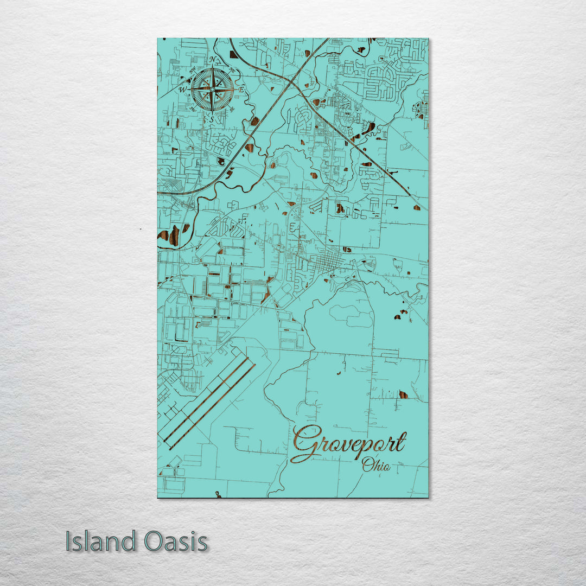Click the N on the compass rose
pyautogui.click(x=213, y=60)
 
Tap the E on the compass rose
pyautogui.click(x=242, y=88)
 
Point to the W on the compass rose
pyautogui.click(x=183, y=90)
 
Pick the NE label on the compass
pyautogui.click(x=232, y=69)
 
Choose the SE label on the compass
pyautogui.click(x=232, y=109)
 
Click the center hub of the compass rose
pyautogui.click(x=212, y=89)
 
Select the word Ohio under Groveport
pyautogui.click(x=376, y=464)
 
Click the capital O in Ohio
pyautogui.click(x=367, y=464)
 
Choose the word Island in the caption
pyautogui.click(x=101, y=542)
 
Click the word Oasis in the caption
pyautogui.click(x=176, y=542)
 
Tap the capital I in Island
pyautogui.click(x=69, y=542)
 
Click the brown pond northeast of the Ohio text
pyautogui.click(x=403, y=394)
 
